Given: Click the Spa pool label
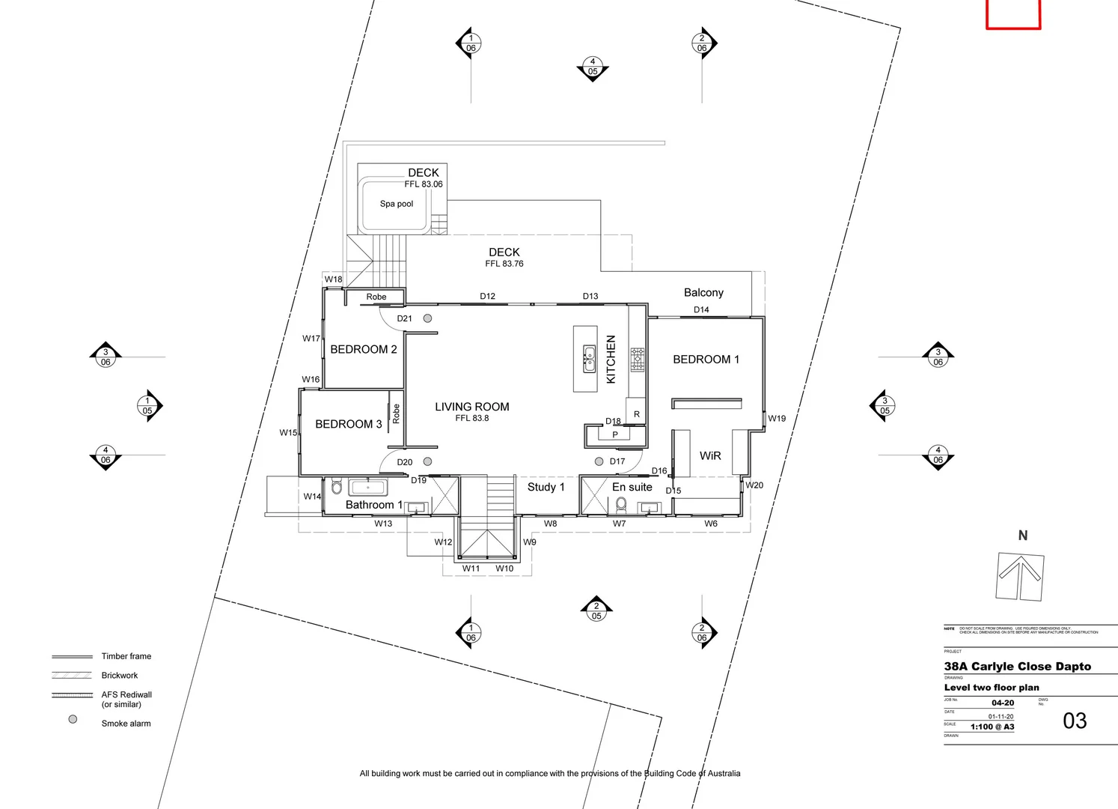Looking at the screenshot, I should click(396, 204).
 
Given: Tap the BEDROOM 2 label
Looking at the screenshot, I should click(364, 349).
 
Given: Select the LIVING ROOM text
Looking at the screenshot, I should click(471, 407).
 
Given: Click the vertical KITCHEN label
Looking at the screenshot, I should click(611, 360).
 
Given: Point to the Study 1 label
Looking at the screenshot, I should click(546, 487).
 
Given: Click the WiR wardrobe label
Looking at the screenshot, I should click(709, 455).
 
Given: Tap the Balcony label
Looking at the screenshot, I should click(703, 293).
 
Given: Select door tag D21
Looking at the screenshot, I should click(404, 318).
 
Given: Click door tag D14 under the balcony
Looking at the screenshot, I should click(701, 309).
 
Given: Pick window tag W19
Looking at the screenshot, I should click(777, 419).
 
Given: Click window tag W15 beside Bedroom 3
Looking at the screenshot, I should click(288, 433).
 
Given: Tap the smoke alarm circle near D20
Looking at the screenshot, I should click(428, 461).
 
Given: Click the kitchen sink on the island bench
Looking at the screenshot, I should click(589, 360).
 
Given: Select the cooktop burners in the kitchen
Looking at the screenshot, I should click(637, 360).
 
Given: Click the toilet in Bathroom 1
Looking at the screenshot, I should click(337, 488).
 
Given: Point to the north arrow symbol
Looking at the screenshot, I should click(1020, 575).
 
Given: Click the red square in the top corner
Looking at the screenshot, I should click(1012, 13).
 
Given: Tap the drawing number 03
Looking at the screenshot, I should click(1075, 721).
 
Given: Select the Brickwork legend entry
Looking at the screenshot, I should click(120, 676).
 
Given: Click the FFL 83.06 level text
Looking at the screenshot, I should click(424, 184).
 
